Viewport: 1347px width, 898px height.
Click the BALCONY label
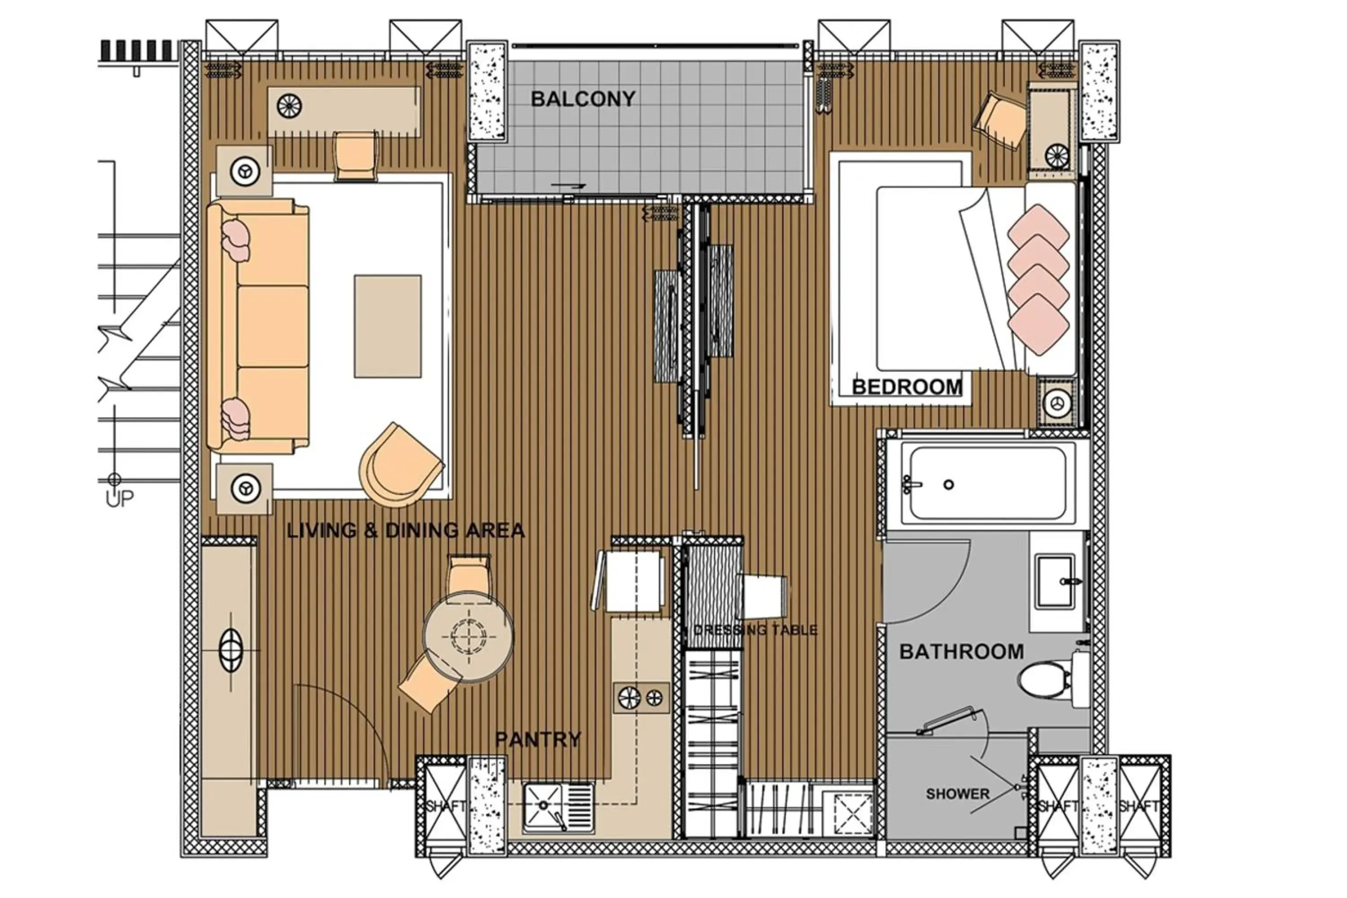[582, 99]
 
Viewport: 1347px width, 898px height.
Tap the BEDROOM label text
[907, 387]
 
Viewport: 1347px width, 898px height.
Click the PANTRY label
[538, 740]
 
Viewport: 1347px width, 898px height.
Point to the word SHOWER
[958, 794]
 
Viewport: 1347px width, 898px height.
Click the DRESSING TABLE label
[755, 630]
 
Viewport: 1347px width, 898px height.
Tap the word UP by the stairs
[119, 499]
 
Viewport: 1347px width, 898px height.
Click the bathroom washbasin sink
[1055, 581]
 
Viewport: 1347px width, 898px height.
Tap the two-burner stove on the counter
[640, 698]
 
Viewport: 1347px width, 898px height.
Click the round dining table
[468, 636]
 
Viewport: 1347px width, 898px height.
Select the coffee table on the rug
[388, 326]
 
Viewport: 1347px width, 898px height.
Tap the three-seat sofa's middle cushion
[273, 326]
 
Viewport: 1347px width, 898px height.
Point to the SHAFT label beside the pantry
[445, 806]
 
